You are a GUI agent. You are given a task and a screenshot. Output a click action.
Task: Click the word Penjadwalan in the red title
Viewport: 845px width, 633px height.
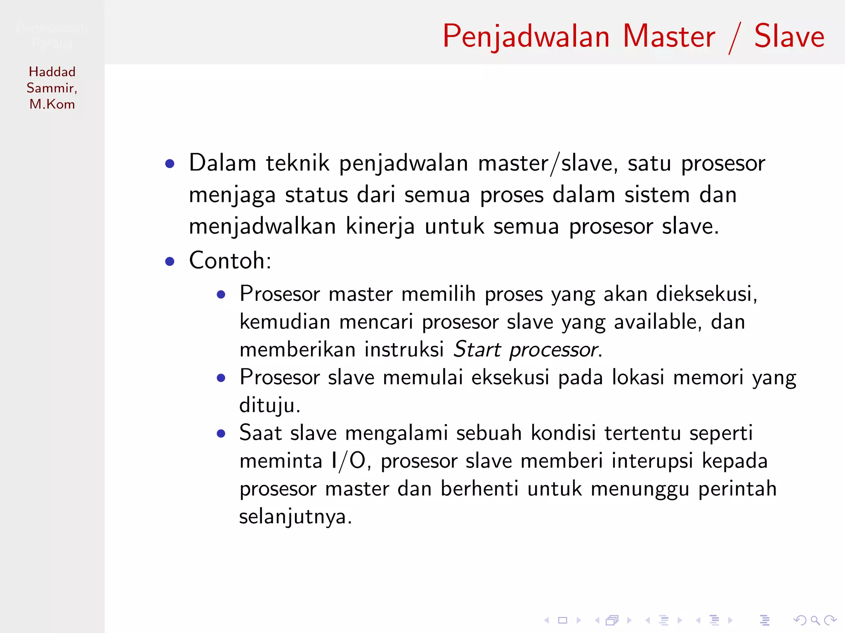pos(526,37)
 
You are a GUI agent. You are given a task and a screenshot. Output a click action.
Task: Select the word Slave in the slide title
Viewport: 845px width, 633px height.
pos(789,37)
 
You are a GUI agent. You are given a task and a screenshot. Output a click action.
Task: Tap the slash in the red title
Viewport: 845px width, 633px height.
pos(734,38)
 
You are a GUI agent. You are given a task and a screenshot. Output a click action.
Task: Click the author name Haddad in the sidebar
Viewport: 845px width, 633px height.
pos(52,72)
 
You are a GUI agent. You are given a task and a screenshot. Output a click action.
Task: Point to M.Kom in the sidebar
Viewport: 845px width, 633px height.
pos(52,104)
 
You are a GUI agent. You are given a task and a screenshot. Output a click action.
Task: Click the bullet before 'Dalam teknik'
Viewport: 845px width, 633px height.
pos(170,164)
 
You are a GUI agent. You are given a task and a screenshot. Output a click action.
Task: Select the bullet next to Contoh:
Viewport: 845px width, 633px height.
pos(170,261)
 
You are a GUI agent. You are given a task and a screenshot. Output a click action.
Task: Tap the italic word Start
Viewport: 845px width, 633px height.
pos(477,349)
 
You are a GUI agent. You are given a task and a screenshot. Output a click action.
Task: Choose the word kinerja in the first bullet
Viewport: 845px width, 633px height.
pos(380,227)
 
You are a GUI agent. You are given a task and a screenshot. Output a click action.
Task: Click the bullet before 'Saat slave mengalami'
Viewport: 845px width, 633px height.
pos(221,434)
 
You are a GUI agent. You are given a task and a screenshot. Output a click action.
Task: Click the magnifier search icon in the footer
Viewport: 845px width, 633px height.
pos(815,620)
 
